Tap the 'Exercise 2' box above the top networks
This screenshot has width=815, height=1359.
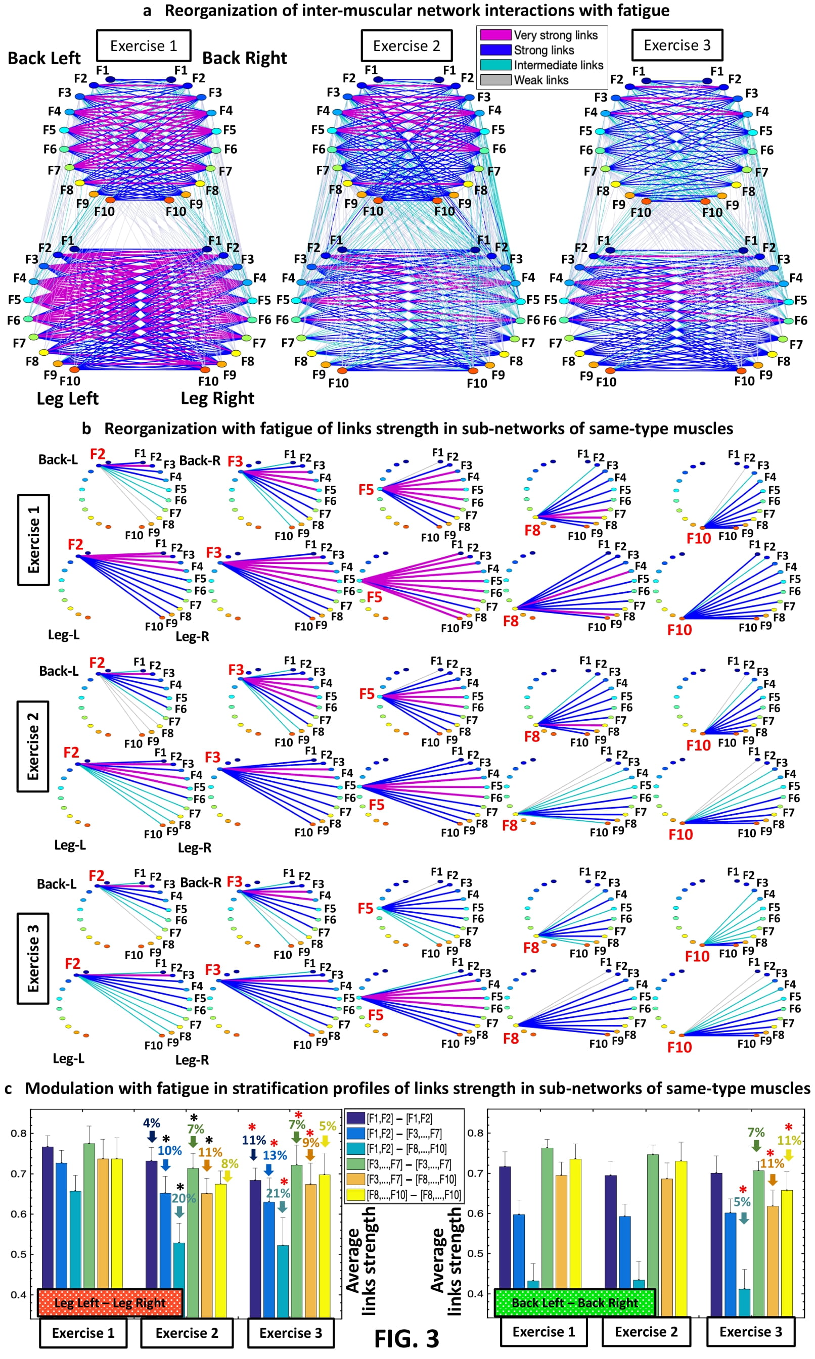pyautogui.click(x=406, y=46)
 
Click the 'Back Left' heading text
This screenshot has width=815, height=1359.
pyautogui.click(x=44, y=58)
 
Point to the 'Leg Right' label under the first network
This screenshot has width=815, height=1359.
pyautogui.click(x=217, y=398)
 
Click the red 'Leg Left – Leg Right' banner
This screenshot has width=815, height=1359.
pyautogui.click(x=110, y=1302)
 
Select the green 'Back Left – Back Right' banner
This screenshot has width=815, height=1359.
pyautogui.click(x=574, y=1302)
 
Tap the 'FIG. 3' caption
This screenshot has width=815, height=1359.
pyautogui.click(x=406, y=1339)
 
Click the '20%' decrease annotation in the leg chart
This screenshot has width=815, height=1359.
pyautogui.click(x=184, y=1198)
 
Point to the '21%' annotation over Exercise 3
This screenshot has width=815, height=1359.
pyautogui.click(x=278, y=1193)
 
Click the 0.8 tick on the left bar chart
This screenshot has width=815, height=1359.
pyautogui.click(x=19, y=1133)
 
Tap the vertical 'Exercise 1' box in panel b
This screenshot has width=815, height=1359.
pyautogui.click(x=33, y=540)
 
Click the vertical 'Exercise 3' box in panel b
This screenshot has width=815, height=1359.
pyautogui.click(x=33, y=958)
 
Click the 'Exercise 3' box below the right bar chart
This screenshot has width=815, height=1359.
pyautogui.click(x=750, y=1332)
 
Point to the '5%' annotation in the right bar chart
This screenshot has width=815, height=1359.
pyautogui.click(x=742, y=1202)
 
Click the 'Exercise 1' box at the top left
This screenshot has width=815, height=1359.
pyautogui.click(x=144, y=46)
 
